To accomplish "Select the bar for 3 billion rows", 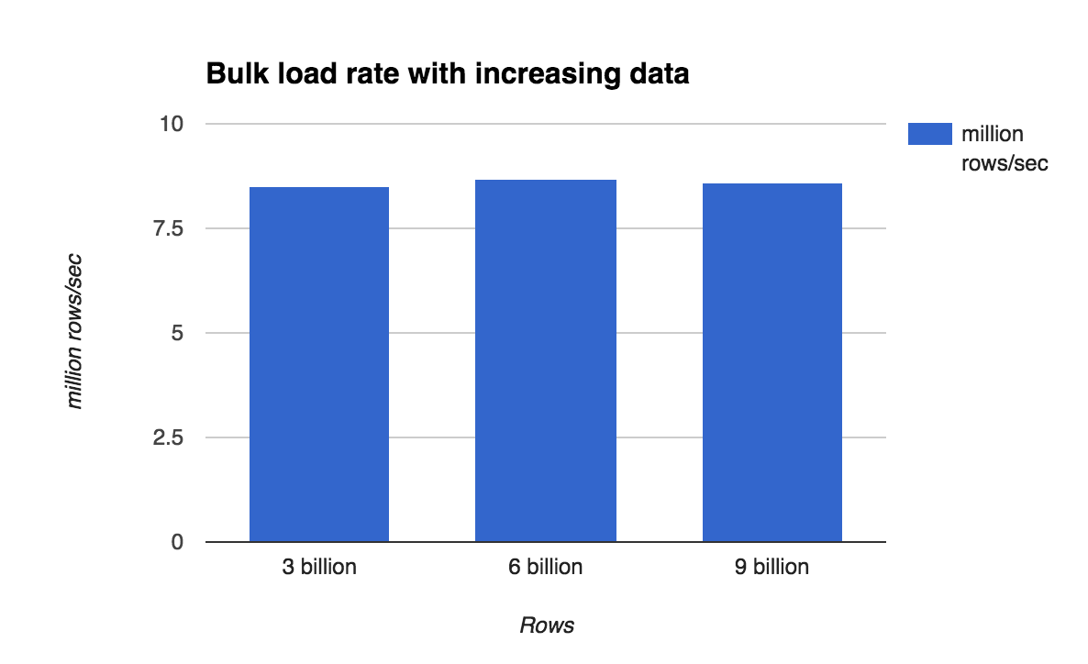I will [319, 364].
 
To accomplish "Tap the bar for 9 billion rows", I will [772, 362].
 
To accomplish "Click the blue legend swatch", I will [928, 134].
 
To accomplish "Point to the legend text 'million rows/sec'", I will [1004, 149].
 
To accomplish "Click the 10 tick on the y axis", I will [172, 124].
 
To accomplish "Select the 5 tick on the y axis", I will [179, 333].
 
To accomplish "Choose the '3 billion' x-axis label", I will [319, 567].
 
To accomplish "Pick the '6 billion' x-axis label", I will [545, 567].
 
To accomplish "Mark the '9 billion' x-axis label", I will [772, 567].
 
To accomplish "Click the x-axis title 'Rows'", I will [547, 625].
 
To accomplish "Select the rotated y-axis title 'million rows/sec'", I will [75, 332].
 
